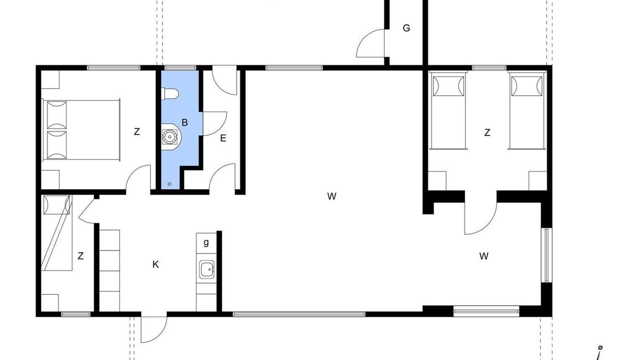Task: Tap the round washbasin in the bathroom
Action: coord(169,136)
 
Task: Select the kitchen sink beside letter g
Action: coord(206,269)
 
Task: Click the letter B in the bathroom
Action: coord(184,122)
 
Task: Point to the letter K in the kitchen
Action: coord(155,264)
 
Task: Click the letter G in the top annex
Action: coord(406,28)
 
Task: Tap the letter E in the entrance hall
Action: coord(223,138)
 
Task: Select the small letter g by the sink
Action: coord(206,242)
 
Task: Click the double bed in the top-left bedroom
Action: coord(81,129)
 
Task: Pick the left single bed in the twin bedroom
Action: coord(448,110)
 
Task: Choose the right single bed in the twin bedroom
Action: coord(527,110)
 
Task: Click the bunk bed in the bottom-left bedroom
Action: coord(56,233)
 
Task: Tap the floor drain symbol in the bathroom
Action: coord(169,184)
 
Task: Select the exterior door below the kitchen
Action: coord(153,329)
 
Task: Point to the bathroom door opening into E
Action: coord(214,123)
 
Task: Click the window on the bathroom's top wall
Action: coord(180,68)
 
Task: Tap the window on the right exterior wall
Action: coord(546,255)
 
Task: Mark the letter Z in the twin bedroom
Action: coord(487,132)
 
